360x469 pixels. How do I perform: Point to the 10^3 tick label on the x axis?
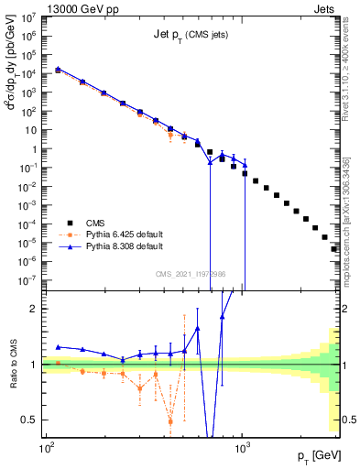243,449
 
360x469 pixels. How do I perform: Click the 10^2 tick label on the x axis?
46,449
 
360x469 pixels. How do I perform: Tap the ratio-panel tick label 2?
36,309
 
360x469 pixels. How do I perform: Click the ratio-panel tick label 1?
36,365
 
